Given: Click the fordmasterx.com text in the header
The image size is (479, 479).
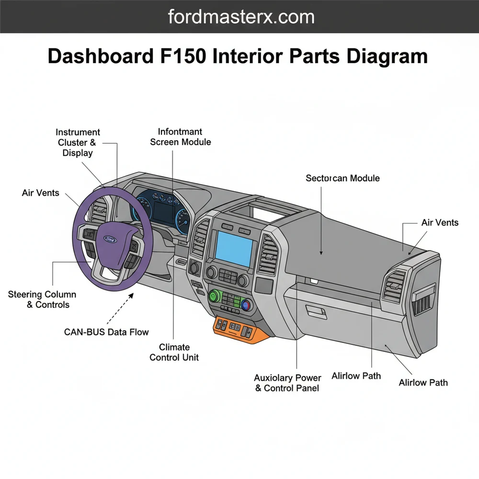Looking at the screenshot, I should (x=241, y=17).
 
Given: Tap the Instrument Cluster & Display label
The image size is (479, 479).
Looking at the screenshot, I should (x=78, y=142).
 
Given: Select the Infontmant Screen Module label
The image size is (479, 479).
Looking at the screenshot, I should (x=180, y=137).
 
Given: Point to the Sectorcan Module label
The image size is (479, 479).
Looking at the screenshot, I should (x=342, y=178).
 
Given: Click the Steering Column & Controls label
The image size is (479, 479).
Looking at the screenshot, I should (x=42, y=299).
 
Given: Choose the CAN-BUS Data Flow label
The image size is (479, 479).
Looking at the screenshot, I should (x=106, y=332).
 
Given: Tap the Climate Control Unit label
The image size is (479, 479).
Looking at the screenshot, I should (x=174, y=352).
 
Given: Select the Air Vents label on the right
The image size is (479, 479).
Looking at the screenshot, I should (x=440, y=222).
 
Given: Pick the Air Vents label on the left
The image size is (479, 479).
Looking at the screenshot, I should (x=41, y=193).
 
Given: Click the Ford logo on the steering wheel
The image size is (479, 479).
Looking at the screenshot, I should (x=110, y=238).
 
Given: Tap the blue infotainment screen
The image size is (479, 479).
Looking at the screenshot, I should (x=234, y=248).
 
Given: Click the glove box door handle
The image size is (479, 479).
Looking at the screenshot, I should (x=317, y=313).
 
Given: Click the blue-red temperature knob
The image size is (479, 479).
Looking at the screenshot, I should (x=247, y=305).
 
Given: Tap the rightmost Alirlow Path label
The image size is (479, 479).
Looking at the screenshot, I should (x=423, y=382).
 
